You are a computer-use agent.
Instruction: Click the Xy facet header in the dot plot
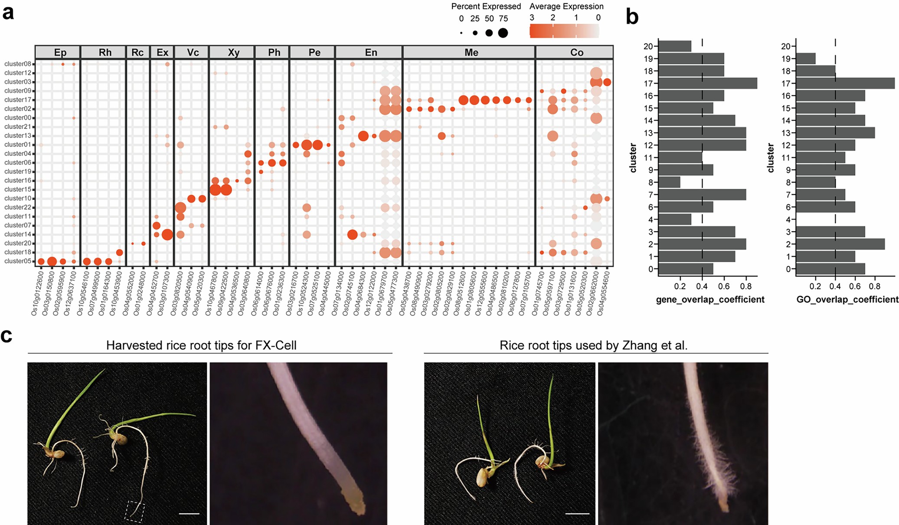233,52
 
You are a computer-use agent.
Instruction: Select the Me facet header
471,52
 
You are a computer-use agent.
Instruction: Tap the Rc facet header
137,52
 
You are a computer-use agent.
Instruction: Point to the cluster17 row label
18,100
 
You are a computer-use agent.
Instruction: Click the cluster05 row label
18,261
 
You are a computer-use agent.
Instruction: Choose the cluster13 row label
18,135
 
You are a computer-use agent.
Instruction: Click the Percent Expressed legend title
486,7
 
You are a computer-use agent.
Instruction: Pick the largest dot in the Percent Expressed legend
503,33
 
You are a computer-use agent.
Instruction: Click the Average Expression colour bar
564,31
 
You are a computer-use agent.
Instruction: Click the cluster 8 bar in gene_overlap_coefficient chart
669,182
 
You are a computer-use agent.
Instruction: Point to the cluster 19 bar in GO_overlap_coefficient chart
806,59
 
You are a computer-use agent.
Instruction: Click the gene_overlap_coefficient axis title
710,299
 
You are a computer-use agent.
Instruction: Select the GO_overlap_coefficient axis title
847,299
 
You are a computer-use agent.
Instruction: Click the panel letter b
632,17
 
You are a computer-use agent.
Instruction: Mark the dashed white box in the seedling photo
134,512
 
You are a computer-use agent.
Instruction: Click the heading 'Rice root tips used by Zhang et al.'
593,345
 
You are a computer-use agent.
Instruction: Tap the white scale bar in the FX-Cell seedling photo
189,514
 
